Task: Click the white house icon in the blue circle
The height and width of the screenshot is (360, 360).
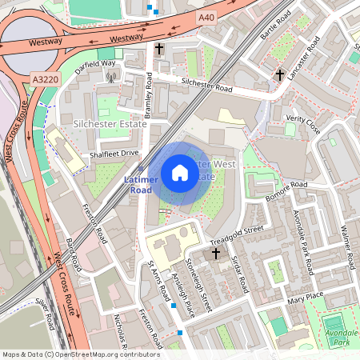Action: pyautogui.click(x=180, y=173)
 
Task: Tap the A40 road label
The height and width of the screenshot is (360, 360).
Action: pyautogui.click(x=206, y=17)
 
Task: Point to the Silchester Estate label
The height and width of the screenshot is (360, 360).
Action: pyautogui.click(x=110, y=124)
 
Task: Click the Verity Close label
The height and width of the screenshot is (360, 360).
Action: pyautogui.click(x=303, y=124)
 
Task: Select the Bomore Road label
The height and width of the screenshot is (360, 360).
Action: pyautogui.click(x=286, y=190)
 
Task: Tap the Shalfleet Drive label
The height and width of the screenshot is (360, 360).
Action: pyautogui.click(x=114, y=154)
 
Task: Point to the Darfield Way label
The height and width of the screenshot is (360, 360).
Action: pyautogui.click(x=95, y=63)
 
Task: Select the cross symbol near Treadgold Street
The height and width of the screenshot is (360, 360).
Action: pyautogui.click(x=215, y=254)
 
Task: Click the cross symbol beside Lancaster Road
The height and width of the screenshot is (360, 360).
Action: pyautogui.click(x=279, y=74)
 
